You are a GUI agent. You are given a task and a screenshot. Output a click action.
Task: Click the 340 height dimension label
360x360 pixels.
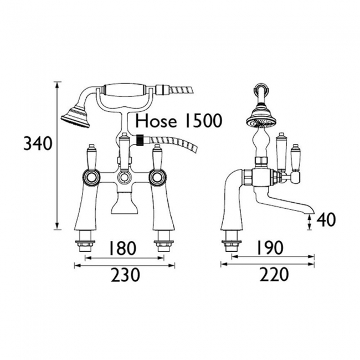pos(38,143)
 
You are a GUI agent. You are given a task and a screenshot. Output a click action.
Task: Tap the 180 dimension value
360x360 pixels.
pos(122,248)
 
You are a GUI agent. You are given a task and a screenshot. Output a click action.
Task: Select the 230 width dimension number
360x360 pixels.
pos(125,275)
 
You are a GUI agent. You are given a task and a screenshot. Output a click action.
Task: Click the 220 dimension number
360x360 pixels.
pos(274,274)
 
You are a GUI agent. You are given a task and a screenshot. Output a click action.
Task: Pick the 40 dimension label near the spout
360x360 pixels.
pos(326,220)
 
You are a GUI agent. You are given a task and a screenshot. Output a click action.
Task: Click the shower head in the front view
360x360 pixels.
pos(75,116)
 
